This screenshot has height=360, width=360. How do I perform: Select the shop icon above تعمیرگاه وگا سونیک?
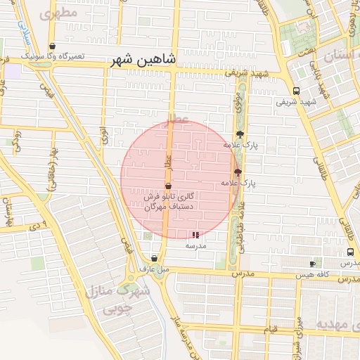pos(54,46)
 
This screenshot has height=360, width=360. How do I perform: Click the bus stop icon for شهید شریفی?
pos(296,91)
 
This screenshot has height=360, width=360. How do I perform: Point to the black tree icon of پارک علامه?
pos(240,134)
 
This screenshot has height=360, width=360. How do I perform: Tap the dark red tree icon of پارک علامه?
pos(237,172)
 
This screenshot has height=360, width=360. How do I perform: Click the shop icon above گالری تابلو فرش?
pos(167,186)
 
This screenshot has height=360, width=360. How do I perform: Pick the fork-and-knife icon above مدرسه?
pos(195,236)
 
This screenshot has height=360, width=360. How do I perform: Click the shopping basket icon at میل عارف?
pos(154,258)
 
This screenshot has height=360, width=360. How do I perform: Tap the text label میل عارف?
pos(154,269)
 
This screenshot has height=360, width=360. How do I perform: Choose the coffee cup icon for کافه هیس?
pos(313,264)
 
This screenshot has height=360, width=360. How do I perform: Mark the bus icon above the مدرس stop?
pos(350,252)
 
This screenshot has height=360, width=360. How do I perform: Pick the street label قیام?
pos(271,329)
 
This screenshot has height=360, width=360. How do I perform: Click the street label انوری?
pos(103,134)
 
